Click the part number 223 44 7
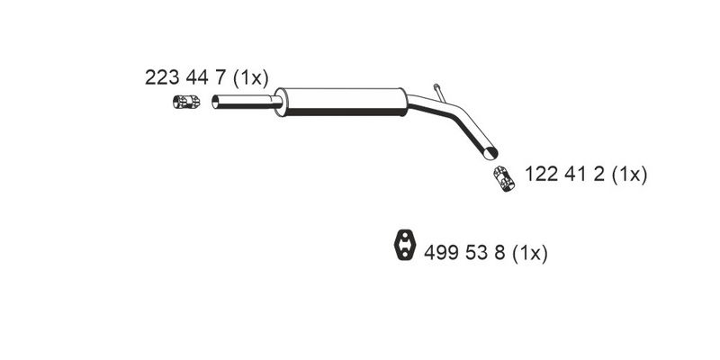(x=185, y=77)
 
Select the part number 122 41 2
(x=564, y=175)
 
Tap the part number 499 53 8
(x=464, y=253)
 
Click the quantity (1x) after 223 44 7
(x=250, y=78)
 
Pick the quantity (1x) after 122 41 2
(x=629, y=175)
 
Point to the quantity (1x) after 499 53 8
(x=530, y=253)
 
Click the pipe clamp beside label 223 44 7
(x=186, y=102)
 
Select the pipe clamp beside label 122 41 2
(x=504, y=179)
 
